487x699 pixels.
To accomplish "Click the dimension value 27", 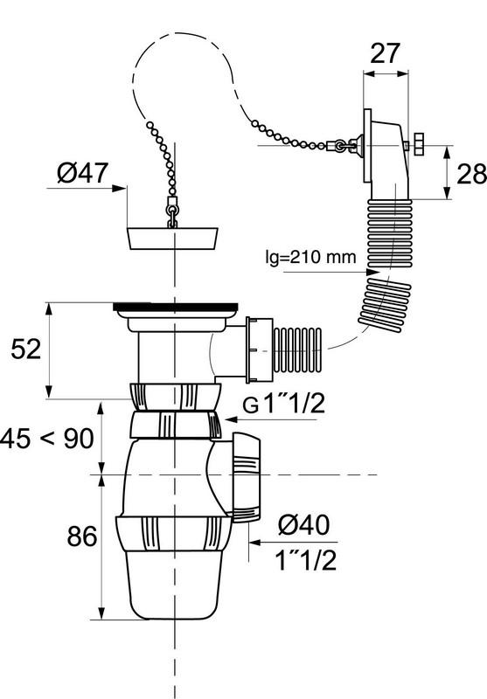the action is (x=385, y=54).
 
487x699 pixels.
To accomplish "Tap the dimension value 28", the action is (x=471, y=173).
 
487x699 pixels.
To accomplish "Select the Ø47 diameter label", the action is (x=82, y=172).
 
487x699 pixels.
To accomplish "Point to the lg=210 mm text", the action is (x=311, y=257).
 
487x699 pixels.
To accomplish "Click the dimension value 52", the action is (x=26, y=349).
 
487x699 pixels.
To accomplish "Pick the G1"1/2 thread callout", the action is (x=284, y=405).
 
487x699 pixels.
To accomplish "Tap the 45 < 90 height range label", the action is (x=47, y=439).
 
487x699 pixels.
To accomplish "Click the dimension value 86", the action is (x=82, y=536).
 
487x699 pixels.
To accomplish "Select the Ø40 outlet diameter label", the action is (x=303, y=525).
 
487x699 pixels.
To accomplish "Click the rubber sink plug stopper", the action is (x=172, y=238).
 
